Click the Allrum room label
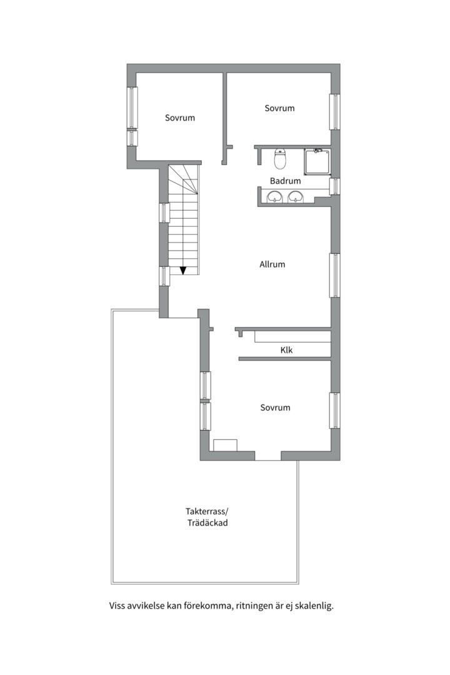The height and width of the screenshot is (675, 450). coord(272,264)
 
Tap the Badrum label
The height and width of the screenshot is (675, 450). coord(285,181)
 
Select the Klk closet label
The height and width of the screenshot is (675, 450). coord(286,350)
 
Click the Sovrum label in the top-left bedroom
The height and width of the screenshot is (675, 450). coord(180,117)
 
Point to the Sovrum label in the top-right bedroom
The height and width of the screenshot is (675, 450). coord(279,108)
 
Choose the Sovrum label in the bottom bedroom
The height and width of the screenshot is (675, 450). coord(275,407)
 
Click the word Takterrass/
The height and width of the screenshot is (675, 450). coord(207,511)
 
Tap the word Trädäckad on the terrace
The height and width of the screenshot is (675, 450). coord(207,523)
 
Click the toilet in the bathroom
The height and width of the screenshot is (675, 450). coord(281,158)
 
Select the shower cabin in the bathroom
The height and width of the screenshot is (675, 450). coord(317,162)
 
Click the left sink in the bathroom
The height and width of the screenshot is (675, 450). coord(274,197)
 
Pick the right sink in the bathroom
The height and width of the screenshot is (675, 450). coord(296,197)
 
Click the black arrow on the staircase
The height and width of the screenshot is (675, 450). coord(183,271)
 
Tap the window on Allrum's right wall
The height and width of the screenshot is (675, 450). coord(335,276)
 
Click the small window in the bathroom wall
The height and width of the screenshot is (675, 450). coord(335,186)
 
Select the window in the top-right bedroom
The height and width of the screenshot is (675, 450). coord(335,111)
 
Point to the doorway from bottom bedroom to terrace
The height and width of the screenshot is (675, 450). coord(268,456)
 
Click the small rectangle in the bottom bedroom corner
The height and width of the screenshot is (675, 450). coord(225,445)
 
